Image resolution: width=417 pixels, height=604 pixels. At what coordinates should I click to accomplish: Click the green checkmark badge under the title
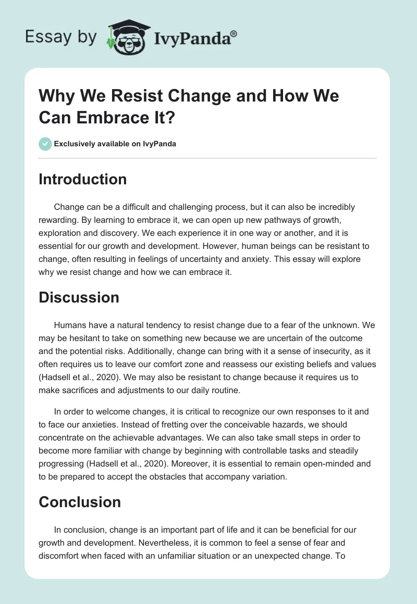[x=45, y=144]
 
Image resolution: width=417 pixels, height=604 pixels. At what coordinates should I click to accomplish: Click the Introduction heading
[x=82, y=180]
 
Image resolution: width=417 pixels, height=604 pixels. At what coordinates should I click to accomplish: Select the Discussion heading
[x=79, y=297]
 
